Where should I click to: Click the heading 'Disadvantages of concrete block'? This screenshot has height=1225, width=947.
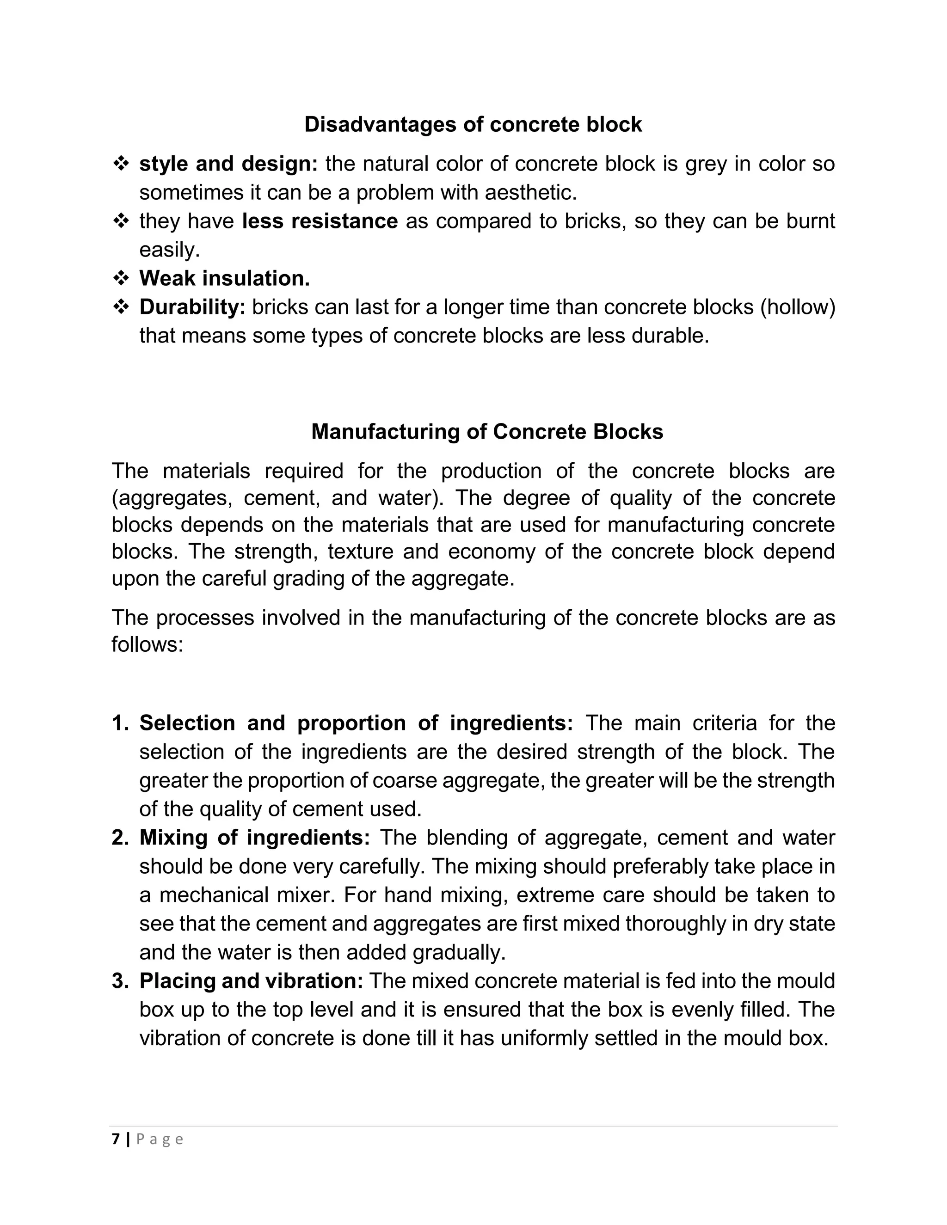pos(473,124)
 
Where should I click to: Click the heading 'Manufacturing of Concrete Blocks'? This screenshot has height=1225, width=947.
pos(487,431)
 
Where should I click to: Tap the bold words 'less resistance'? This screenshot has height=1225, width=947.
pos(320,221)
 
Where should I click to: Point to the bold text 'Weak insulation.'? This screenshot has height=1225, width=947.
pos(224,278)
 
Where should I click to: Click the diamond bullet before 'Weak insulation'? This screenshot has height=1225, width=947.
pos(121,278)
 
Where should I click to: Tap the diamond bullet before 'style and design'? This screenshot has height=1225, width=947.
pos(121,164)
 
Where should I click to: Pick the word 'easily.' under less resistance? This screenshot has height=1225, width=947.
pos(169,250)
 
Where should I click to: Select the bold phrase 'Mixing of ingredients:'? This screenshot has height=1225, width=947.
pos(254,838)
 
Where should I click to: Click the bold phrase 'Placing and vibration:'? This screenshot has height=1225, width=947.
pos(251,980)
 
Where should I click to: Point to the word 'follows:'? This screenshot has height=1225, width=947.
pos(147,644)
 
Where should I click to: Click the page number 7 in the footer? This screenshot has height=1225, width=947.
pos(116,1139)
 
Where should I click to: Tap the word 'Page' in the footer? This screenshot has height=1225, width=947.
pos(160,1139)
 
